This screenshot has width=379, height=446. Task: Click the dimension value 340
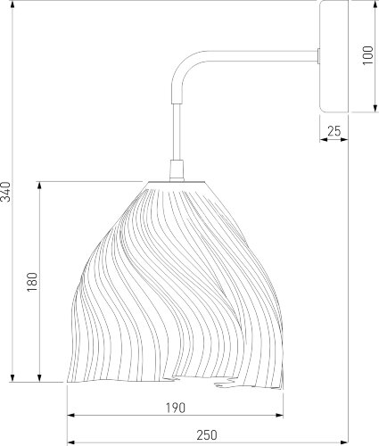(x=5, y=192)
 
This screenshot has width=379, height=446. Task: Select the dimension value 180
(x=32, y=282)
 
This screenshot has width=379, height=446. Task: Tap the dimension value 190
(x=176, y=408)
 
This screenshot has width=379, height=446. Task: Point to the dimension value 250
(x=207, y=435)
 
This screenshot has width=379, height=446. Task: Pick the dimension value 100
(x=367, y=55)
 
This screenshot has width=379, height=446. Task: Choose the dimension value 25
(x=334, y=131)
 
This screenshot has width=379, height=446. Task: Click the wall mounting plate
(x=334, y=56)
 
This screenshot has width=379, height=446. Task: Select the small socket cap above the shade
(x=177, y=170)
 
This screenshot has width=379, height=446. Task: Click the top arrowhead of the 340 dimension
(x=12, y=5)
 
